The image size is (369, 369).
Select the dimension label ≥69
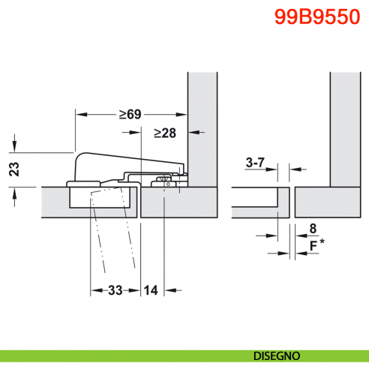pyautogui.click(x=130, y=115)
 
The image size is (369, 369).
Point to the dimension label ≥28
pyautogui.click(x=164, y=133)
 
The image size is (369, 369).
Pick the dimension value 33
pyautogui.click(x=115, y=289)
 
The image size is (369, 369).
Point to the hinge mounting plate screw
pyautogui.click(x=163, y=181)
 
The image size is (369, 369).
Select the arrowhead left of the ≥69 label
pyautogui.click(x=80, y=115)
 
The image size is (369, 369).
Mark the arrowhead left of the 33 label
pyautogui.click(x=94, y=289)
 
